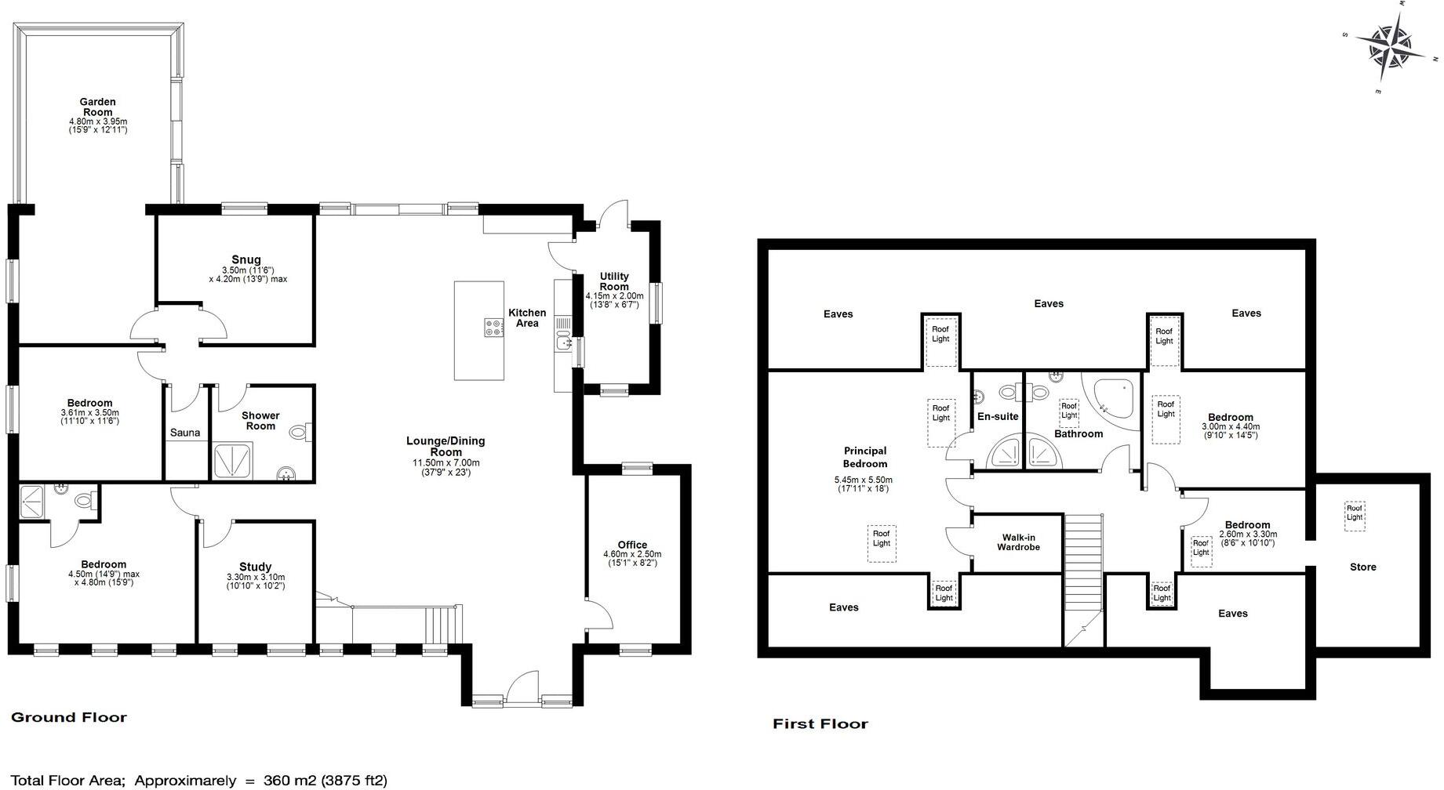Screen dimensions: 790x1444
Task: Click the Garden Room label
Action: click(97, 107)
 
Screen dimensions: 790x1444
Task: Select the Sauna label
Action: click(185, 433)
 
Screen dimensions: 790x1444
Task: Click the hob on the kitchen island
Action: click(493, 328)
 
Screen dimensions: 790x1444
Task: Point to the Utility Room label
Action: click(614, 281)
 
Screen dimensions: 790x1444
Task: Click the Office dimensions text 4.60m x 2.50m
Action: click(632, 554)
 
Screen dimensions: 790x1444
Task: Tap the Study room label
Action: click(255, 567)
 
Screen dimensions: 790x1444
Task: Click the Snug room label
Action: click(246, 259)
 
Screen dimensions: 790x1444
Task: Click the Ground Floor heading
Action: click(68, 717)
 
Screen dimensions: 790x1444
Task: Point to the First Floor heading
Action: click(820, 724)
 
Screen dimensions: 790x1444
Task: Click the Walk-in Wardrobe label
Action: click(1018, 542)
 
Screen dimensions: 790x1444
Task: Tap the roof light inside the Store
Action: click(1355, 513)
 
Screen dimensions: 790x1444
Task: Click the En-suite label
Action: click(997, 416)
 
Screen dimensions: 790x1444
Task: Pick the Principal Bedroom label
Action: click(864, 457)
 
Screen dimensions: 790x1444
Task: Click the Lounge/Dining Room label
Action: click(445, 446)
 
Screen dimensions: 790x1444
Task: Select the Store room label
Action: click(1362, 567)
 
